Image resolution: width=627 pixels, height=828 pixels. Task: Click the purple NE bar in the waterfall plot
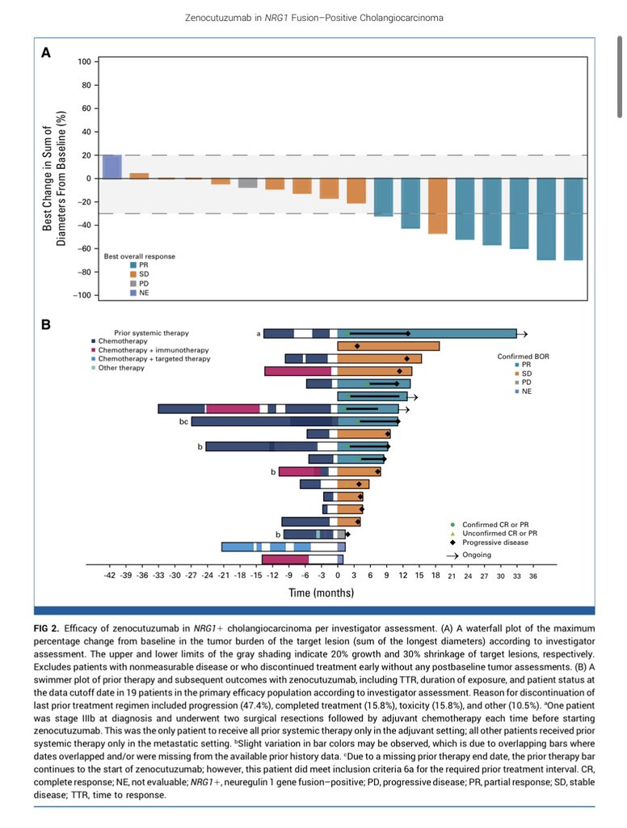[112, 167]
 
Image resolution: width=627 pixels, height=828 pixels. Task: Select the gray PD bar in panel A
[247, 184]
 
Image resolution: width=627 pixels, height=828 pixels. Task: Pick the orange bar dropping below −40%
[438, 206]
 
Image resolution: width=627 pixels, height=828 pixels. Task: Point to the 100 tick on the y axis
[85, 61]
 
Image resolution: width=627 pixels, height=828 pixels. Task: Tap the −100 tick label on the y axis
[82, 295]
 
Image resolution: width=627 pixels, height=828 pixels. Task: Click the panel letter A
[46, 53]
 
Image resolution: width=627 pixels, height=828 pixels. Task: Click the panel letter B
[46, 324]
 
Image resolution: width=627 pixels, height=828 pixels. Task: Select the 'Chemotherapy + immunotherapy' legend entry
[150, 350]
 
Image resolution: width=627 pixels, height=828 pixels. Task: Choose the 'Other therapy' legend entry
[118, 368]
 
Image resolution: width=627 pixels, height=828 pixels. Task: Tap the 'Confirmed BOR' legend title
[523, 357]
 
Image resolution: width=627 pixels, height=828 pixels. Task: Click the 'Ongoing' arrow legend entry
[469, 555]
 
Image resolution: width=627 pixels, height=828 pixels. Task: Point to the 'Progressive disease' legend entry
[490, 543]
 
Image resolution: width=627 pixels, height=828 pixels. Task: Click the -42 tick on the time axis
[109, 576]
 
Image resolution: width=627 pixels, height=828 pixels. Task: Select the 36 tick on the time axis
[533, 576]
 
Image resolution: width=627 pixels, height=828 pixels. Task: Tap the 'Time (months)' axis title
[321, 593]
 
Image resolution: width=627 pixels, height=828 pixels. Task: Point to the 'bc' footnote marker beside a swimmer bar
[183, 421]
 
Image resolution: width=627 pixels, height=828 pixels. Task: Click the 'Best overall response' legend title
[139, 256]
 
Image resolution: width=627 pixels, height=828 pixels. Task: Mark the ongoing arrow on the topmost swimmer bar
[523, 334]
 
